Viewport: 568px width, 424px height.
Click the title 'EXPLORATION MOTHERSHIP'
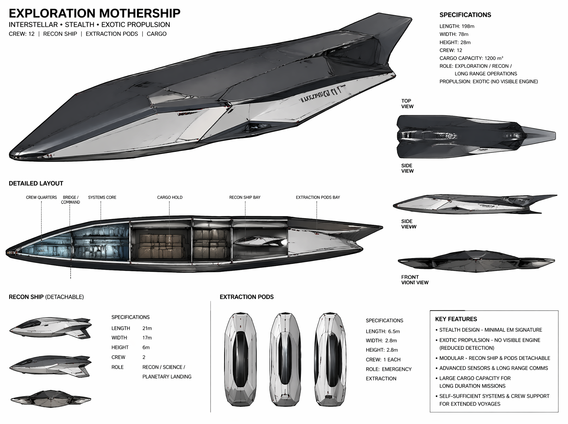(94, 13)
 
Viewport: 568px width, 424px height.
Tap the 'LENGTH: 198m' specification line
(457, 26)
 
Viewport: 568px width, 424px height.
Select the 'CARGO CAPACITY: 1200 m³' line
(471, 58)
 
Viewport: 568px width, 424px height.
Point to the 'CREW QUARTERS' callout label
(41, 197)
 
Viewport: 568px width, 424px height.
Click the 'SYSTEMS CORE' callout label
(102, 197)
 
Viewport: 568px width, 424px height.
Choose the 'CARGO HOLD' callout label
(170, 197)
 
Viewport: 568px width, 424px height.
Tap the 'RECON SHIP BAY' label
(245, 197)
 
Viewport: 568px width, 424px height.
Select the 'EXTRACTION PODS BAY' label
(318, 197)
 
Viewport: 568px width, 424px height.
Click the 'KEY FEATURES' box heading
(456, 319)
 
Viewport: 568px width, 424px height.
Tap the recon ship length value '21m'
(147, 328)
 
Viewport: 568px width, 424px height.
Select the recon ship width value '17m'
(147, 338)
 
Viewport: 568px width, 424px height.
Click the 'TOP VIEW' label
(407, 104)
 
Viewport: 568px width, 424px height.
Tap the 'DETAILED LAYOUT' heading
(36, 184)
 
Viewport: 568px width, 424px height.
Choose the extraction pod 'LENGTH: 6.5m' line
(383, 331)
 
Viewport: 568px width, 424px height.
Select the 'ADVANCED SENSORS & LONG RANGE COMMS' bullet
(493, 368)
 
